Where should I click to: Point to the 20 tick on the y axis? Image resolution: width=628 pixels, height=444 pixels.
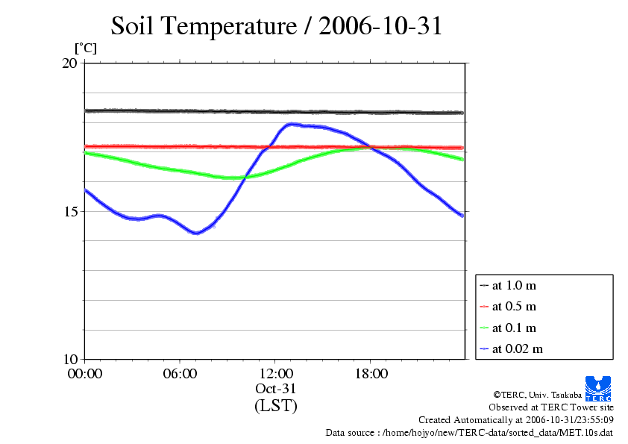coord(69,63)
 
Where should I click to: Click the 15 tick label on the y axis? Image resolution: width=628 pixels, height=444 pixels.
coord(69,211)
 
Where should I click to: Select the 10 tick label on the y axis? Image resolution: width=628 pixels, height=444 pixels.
coord(69,359)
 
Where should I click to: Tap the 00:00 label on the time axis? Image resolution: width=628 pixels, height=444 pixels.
coord(84,374)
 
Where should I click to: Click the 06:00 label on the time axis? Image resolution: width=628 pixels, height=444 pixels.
coord(180,374)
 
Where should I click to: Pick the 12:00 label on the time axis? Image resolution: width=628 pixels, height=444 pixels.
coord(275,374)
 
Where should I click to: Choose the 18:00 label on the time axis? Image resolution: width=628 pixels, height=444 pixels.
coord(371,374)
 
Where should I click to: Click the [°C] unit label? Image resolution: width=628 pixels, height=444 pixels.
coord(85,48)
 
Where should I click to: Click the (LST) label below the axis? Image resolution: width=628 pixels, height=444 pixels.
coord(275,407)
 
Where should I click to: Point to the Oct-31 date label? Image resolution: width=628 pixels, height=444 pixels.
coord(275,390)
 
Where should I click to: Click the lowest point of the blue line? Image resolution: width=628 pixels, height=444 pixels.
coord(196,233)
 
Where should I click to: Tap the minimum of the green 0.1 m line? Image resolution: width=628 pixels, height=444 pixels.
coord(232,178)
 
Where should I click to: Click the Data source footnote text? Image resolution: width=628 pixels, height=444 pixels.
coord(469,432)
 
